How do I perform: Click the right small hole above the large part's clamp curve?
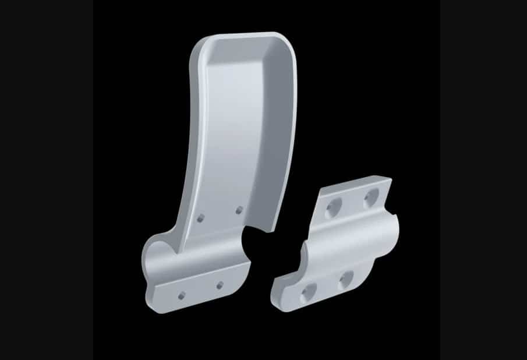point(239,209)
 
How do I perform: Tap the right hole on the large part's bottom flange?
point(220,285)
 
